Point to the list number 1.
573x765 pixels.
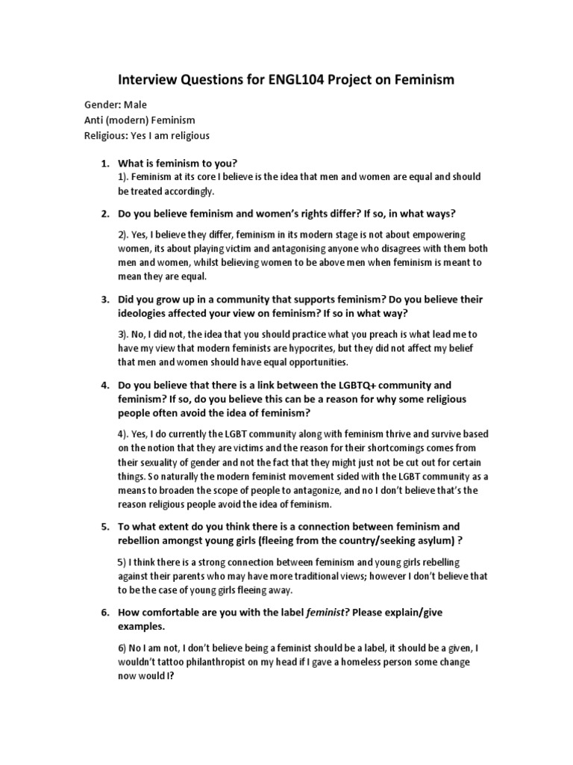coord(104,163)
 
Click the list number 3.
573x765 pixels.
coord(104,299)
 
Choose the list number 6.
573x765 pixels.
coord(104,612)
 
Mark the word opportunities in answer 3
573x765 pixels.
coord(312,362)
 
